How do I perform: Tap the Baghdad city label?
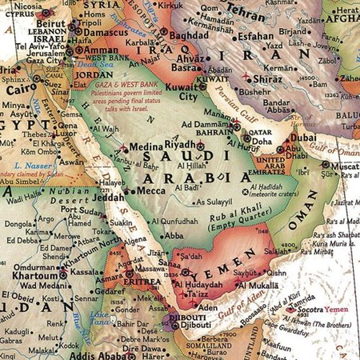point(188,36)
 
